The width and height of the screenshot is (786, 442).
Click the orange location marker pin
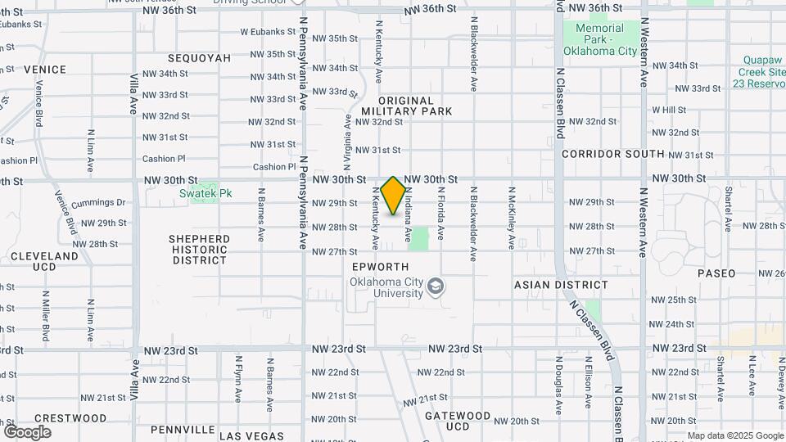click(x=393, y=195)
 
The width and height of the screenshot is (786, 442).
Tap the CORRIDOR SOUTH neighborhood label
click(x=613, y=154)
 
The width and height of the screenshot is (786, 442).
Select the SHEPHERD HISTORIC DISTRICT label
click(x=200, y=249)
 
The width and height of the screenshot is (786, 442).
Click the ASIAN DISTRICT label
click(x=561, y=285)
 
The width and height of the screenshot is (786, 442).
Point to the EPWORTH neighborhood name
click(x=379, y=267)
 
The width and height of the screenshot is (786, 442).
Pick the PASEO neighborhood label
click(x=716, y=273)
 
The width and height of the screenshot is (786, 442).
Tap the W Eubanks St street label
click(x=267, y=32)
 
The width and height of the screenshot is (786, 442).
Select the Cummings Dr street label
click(x=98, y=202)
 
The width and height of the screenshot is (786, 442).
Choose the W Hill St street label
click(x=669, y=110)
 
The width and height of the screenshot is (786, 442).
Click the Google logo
click(x=27, y=431)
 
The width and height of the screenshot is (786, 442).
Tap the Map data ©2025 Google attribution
click(x=734, y=435)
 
